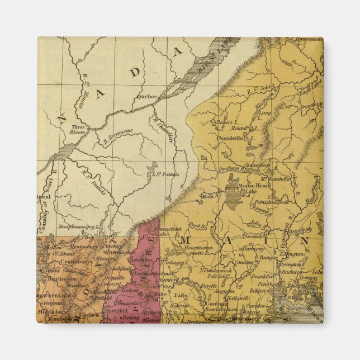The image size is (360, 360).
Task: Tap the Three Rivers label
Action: (77, 130)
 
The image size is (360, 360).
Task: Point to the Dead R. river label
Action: (197, 225)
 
